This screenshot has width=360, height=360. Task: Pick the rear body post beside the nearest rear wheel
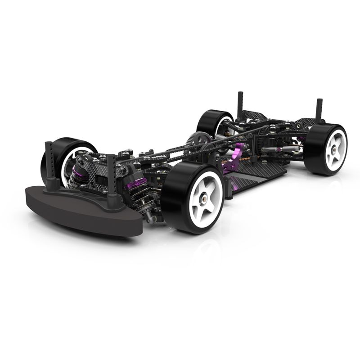tap(319, 110)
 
